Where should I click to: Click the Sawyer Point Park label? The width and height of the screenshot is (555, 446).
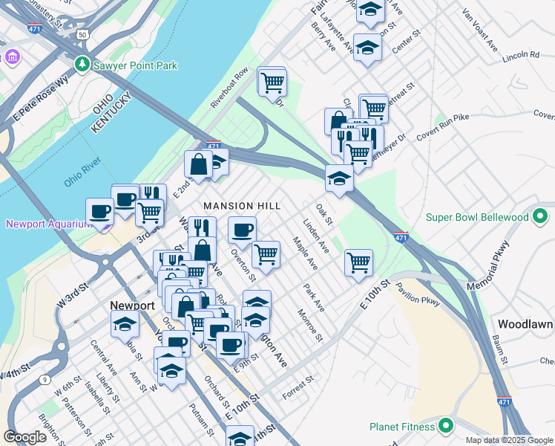(135, 65)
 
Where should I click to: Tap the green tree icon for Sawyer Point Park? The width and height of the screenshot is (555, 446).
(82, 65)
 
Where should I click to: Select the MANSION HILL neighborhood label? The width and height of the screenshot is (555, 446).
(242, 205)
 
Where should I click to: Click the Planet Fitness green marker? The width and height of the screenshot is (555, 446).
(445, 426)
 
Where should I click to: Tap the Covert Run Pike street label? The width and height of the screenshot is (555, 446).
(444, 127)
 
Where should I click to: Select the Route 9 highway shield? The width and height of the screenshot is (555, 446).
(45, 380)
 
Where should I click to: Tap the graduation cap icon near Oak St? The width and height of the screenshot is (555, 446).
(339, 178)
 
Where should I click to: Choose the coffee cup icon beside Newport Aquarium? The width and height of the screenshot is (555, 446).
(99, 211)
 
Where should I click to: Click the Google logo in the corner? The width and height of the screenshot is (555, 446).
(25, 437)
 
